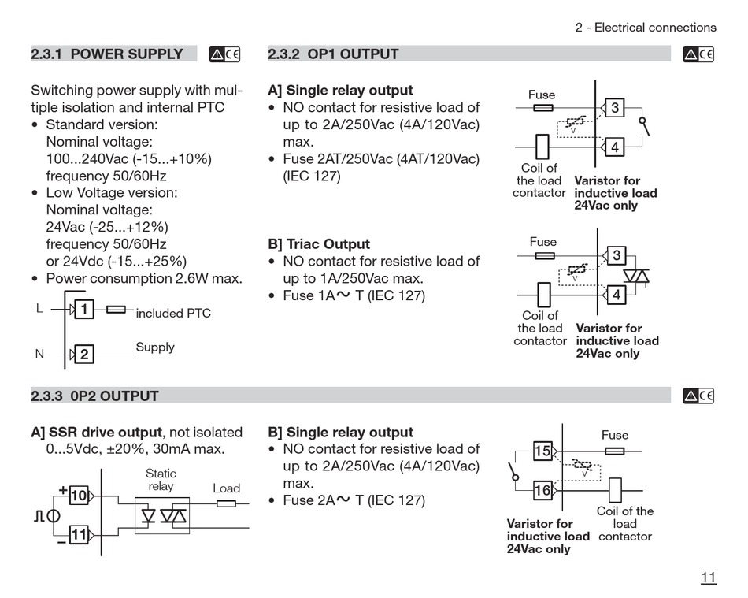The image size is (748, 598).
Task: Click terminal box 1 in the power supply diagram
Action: tap(84, 310)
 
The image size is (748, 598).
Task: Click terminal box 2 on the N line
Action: tap(84, 354)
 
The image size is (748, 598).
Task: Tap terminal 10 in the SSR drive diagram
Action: tap(79, 496)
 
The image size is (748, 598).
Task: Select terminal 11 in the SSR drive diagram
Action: tap(79, 534)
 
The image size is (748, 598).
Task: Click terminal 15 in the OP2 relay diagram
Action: tap(542, 451)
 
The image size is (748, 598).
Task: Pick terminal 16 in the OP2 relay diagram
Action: tap(542, 490)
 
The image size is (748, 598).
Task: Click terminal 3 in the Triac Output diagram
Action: tap(617, 255)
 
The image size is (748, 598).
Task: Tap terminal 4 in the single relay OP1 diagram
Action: tap(614, 147)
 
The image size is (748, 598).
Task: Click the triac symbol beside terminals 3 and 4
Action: tap(636, 277)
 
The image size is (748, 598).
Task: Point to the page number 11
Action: tap(709, 578)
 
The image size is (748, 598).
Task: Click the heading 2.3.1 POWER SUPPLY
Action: tap(107, 54)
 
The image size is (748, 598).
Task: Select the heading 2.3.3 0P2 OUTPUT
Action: tap(94, 396)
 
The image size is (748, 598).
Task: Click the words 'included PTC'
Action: tap(173, 313)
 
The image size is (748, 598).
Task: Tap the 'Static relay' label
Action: tap(161, 480)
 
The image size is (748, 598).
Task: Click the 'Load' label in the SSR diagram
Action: tap(226, 488)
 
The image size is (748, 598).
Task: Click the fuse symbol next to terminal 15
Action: tap(614, 451)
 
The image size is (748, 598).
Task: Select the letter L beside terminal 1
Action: tap(39, 308)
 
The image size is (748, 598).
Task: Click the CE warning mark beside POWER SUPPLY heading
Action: tap(224, 54)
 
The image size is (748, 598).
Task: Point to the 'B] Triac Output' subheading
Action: tap(319, 244)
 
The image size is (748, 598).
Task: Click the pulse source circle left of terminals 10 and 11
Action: tap(54, 516)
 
